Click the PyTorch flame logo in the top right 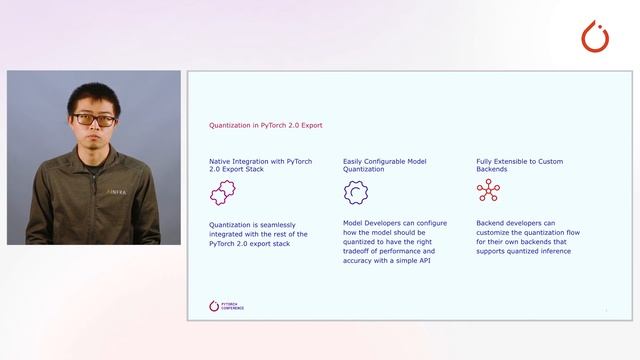596,36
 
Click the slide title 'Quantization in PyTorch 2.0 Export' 265,126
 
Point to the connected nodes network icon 488,192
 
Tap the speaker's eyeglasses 94,120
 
